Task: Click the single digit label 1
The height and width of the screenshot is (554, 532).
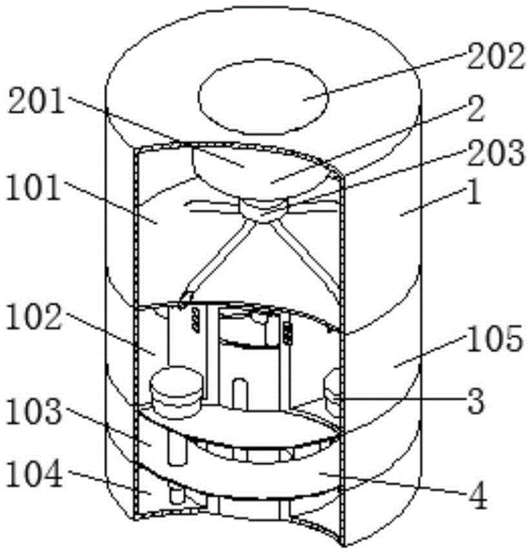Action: pyautogui.click(x=474, y=195)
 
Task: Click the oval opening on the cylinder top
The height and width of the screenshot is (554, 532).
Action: pyautogui.click(x=263, y=97)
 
